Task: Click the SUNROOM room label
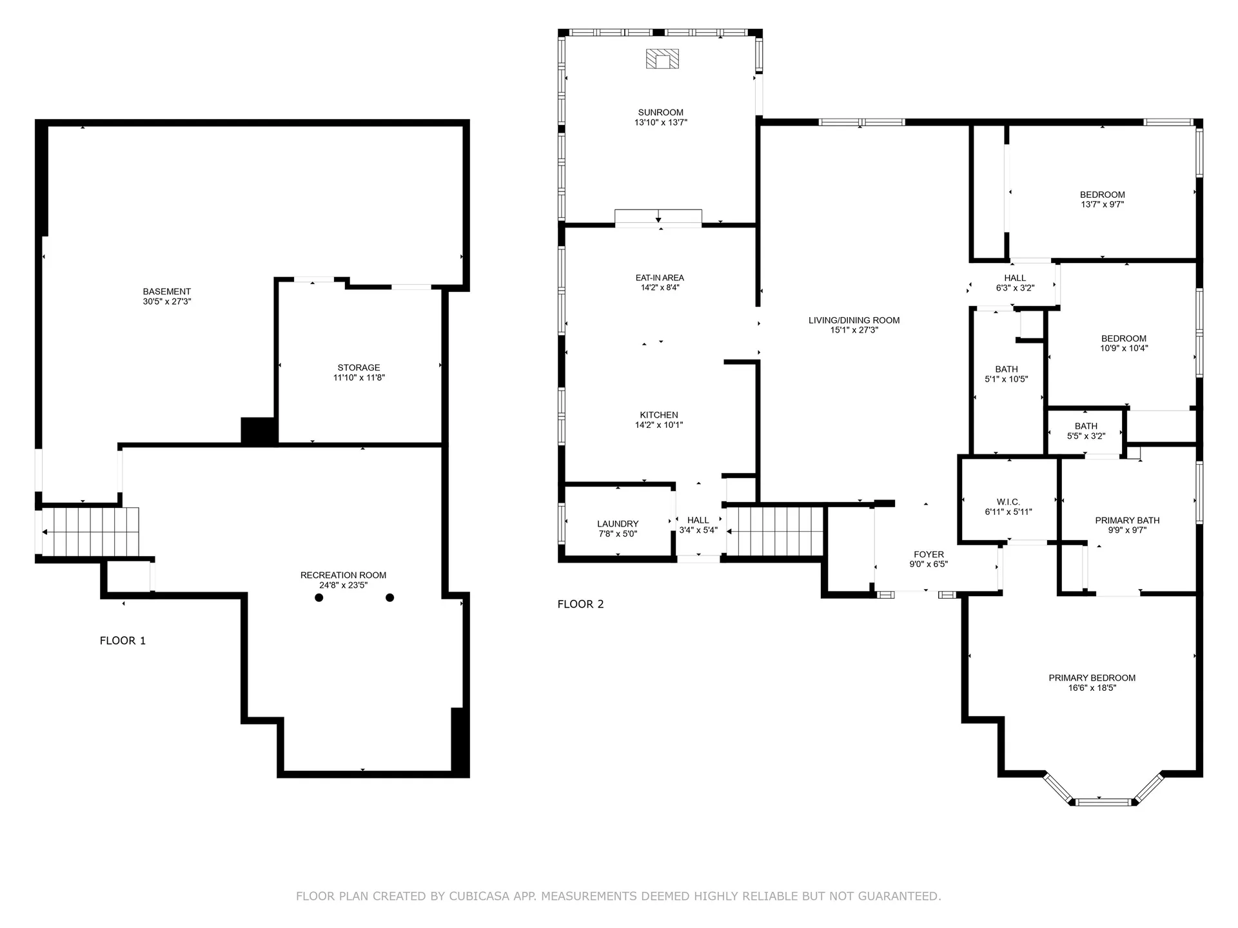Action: click(x=660, y=112)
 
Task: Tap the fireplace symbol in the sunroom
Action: click(x=662, y=59)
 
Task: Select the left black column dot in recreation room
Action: click(x=319, y=597)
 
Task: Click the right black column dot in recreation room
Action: click(x=389, y=597)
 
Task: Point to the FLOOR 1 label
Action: click(x=123, y=641)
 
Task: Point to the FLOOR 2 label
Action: click(x=580, y=604)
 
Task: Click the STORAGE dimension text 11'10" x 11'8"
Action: click(x=359, y=378)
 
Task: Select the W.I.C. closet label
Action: click(x=1008, y=502)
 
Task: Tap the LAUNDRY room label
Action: click(x=617, y=524)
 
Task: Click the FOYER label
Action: click(x=928, y=554)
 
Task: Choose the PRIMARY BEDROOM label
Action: click(x=1092, y=677)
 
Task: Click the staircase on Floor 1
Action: click(x=90, y=532)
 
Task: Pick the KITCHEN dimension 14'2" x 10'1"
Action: click(x=658, y=425)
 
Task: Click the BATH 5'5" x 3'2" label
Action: click(x=1086, y=426)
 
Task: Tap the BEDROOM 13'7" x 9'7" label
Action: click(x=1102, y=195)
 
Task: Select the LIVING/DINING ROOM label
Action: click(x=854, y=320)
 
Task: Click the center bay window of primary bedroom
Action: click(x=1104, y=802)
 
